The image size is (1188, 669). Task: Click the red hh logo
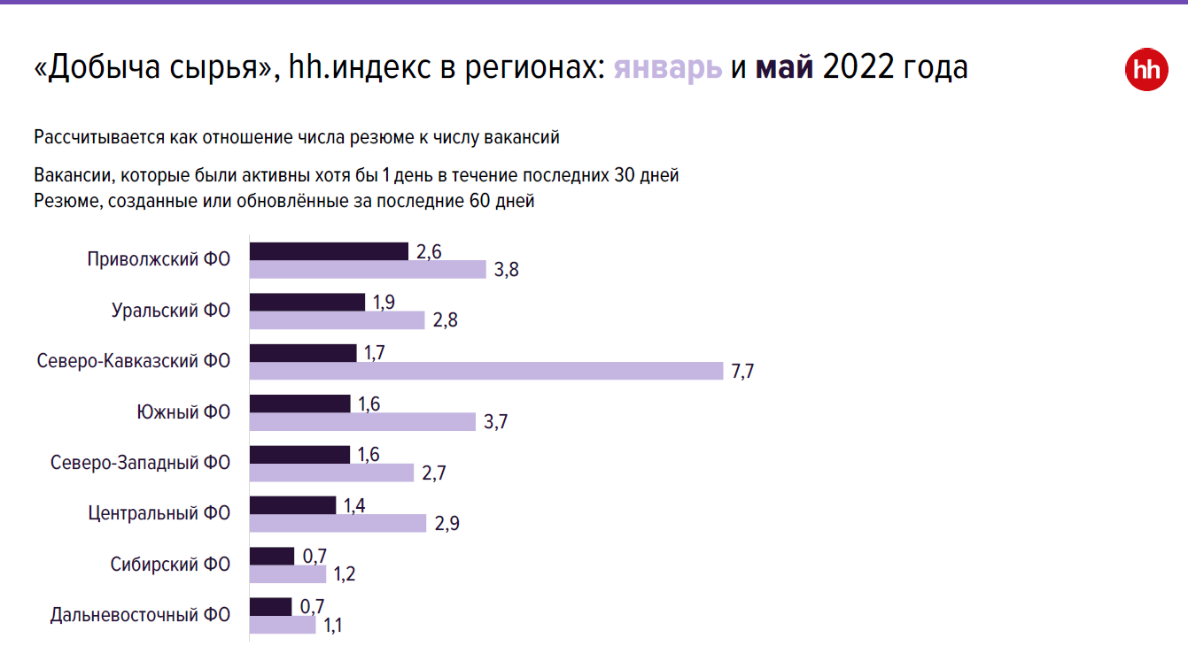(x=1146, y=71)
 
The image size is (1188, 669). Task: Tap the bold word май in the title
(x=784, y=68)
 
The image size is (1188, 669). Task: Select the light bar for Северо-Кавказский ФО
(x=486, y=371)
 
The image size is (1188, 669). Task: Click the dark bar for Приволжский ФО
(x=329, y=251)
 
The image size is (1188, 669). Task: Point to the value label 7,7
(x=742, y=372)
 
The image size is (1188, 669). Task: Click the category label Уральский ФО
(x=171, y=311)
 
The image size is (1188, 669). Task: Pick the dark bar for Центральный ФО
(x=293, y=505)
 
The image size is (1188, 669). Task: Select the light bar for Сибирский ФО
(x=289, y=574)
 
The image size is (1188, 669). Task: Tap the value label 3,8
(x=507, y=270)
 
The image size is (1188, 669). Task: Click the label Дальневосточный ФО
(x=140, y=614)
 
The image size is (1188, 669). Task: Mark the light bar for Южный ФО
(x=362, y=422)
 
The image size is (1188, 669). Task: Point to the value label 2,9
(x=447, y=524)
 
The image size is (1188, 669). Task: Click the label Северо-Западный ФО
(x=140, y=463)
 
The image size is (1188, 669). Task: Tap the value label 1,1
(x=333, y=626)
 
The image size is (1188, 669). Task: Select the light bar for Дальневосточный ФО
(x=283, y=625)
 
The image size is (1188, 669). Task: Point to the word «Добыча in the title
(x=97, y=68)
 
